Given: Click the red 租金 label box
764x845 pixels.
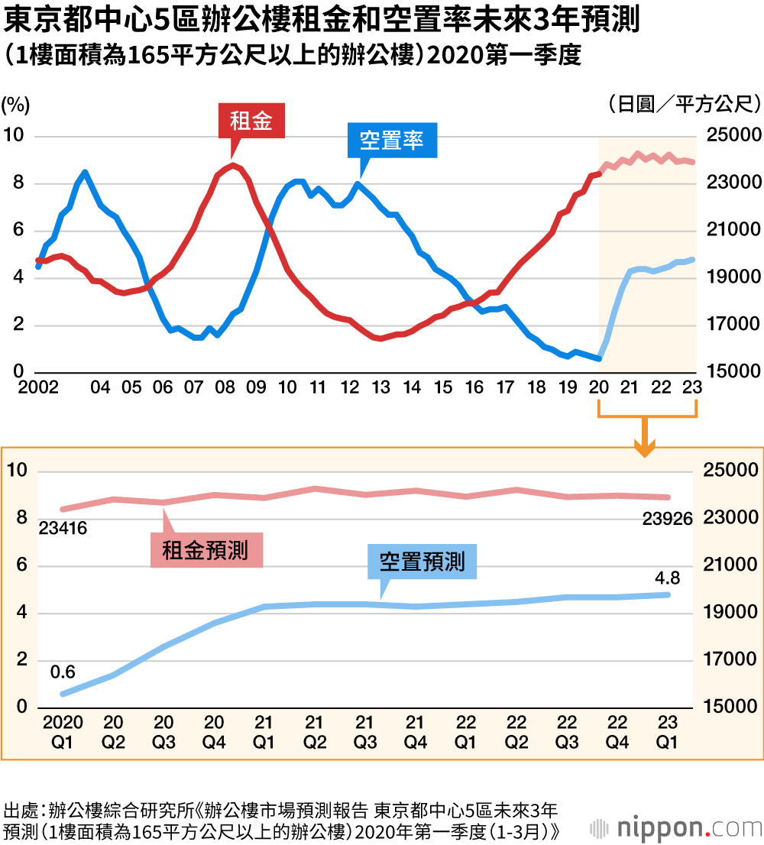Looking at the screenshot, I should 251,120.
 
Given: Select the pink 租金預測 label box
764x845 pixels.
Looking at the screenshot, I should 206,550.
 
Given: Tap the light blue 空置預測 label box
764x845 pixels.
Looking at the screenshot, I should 422,562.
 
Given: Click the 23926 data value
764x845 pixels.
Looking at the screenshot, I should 667,520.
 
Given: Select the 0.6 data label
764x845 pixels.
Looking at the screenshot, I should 63,672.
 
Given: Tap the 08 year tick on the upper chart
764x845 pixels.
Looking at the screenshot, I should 225,388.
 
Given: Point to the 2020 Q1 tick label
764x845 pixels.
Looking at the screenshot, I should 63,732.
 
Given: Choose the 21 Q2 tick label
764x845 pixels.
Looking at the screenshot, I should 315,732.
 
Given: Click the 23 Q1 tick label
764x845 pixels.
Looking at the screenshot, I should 667,732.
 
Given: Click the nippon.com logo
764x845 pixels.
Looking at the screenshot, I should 675,828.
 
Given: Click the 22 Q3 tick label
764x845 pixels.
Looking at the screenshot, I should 566,732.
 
